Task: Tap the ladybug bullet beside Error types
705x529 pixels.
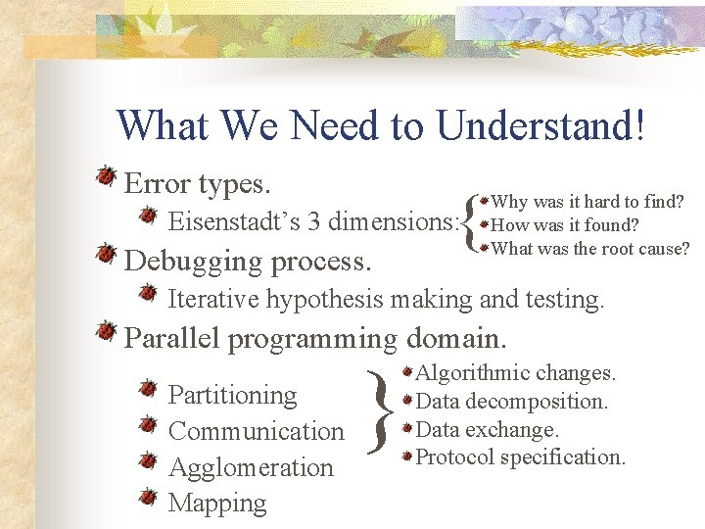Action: pyautogui.click(x=107, y=175)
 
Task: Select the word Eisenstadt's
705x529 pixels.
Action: pyautogui.click(x=234, y=220)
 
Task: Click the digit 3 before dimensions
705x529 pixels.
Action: pyautogui.click(x=314, y=221)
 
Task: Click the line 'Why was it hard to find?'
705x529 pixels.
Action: pyautogui.click(x=587, y=201)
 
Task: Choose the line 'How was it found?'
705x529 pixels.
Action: pyautogui.click(x=564, y=224)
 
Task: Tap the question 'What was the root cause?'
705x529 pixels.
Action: pyautogui.click(x=589, y=248)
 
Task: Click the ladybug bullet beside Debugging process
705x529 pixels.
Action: pyautogui.click(x=107, y=254)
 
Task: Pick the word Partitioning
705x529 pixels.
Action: pyautogui.click(x=232, y=396)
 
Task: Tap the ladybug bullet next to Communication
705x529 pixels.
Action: pyautogui.click(x=148, y=424)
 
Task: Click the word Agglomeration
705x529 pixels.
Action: pyautogui.click(x=251, y=468)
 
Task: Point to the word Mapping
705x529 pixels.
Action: pyautogui.click(x=217, y=503)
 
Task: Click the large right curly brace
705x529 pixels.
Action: pyautogui.click(x=380, y=411)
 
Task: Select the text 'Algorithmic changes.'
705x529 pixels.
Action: pyautogui.click(x=515, y=373)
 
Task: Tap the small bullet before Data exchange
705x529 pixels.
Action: pyautogui.click(x=407, y=428)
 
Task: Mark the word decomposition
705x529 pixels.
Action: pyautogui.click(x=537, y=402)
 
